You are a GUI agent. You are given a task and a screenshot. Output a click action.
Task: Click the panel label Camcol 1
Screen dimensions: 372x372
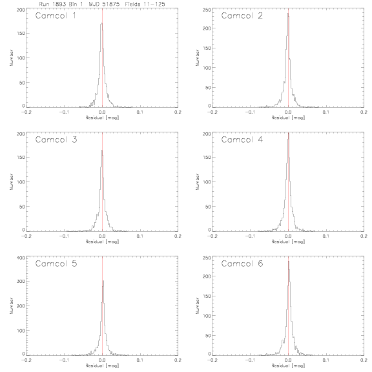coord(56,15)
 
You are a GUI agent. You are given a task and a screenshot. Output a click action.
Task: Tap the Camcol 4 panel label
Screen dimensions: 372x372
coord(242,139)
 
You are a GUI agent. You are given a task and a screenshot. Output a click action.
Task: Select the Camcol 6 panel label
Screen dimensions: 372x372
coord(242,263)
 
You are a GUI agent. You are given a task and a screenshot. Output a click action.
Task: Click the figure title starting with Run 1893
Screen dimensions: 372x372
coord(102,4)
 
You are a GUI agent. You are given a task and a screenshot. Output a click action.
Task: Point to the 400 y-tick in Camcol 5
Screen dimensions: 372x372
coord(21,258)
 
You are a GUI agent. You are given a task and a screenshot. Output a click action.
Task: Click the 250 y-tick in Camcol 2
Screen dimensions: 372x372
coord(207,10)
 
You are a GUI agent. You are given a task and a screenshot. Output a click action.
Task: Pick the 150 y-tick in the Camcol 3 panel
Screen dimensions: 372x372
coord(21,158)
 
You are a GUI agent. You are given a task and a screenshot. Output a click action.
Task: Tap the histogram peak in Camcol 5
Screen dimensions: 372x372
coord(103,281)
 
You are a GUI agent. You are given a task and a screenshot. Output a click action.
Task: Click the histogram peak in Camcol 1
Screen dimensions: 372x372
coord(102,23)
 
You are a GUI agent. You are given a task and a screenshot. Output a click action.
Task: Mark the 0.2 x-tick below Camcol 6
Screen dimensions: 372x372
coord(364,360)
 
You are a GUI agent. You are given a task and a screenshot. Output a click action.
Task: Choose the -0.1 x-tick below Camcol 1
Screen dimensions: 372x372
coord(64,112)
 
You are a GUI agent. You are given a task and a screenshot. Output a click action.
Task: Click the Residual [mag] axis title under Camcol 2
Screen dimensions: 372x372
coord(288,118)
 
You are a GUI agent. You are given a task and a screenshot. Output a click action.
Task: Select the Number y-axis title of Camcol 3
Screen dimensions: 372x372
coord(11,181)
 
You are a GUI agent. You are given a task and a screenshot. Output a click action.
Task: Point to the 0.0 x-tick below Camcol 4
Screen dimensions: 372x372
coord(288,236)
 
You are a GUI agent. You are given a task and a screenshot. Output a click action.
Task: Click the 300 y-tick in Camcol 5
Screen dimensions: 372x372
coord(21,281)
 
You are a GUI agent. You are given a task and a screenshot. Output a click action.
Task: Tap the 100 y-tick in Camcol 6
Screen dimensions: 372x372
coord(207,316)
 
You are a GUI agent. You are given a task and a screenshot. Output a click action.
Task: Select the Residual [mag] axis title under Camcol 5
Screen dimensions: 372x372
coord(102,366)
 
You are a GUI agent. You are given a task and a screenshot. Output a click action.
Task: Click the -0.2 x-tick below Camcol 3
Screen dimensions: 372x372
coord(26,236)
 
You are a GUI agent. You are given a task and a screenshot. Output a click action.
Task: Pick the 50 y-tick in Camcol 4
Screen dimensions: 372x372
coord(208,207)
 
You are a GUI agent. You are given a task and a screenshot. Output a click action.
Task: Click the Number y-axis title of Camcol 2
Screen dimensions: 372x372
coord(197,57)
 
